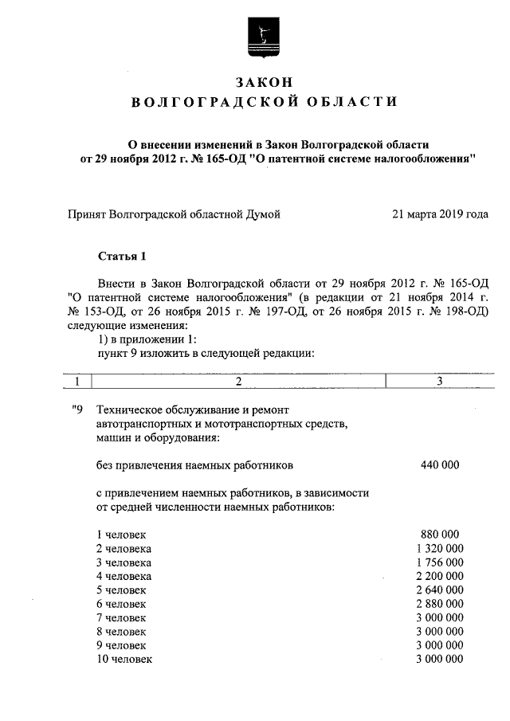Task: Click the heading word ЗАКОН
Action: (264, 82)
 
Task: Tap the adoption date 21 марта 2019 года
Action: (440, 214)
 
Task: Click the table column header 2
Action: (238, 382)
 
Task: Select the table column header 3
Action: (439, 382)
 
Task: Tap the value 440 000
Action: (439, 464)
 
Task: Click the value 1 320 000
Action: (439, 548)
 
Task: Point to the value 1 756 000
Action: (439, 562)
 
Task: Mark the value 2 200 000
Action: (439, 575)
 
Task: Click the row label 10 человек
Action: (124, 659)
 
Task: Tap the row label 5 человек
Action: (121, 590)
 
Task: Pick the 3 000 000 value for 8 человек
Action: (439, 631)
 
